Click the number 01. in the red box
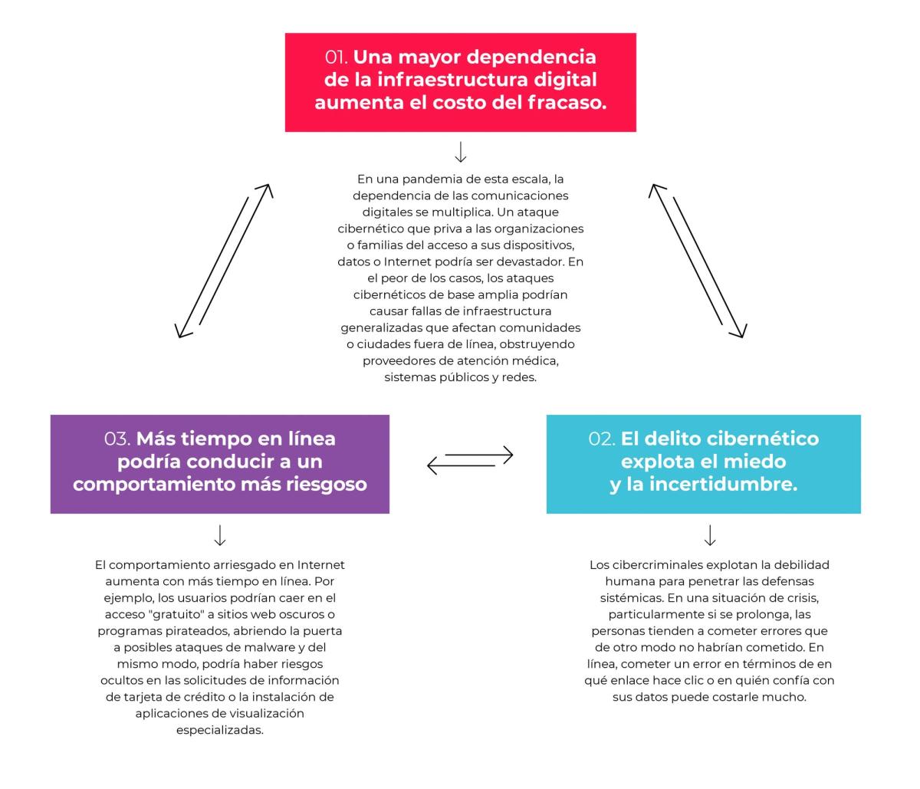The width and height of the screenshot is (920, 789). click(x=337, y=57)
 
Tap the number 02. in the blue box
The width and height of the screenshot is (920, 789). click(x=602, y=439)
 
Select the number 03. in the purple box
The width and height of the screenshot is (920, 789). click(x=117, y=439)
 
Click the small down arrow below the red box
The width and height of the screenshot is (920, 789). click(x=460, y=152)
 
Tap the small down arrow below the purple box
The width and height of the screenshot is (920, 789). click(x=220, y=535)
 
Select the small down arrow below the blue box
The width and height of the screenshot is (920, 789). click(x=710, y=535)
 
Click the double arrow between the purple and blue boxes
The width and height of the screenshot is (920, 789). click(x=470, y=460)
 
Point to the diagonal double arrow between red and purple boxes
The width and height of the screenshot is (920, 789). click(x=224, y=261)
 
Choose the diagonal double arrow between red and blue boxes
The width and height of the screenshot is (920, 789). click(x=698, y=261)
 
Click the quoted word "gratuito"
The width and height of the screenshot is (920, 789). click(x=178, y=615)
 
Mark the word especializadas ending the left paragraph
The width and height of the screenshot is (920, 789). click(x=220, y=730)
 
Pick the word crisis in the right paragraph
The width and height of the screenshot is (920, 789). click(x=804, y=598)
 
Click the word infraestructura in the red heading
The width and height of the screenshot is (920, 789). click(x=452, y=80)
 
